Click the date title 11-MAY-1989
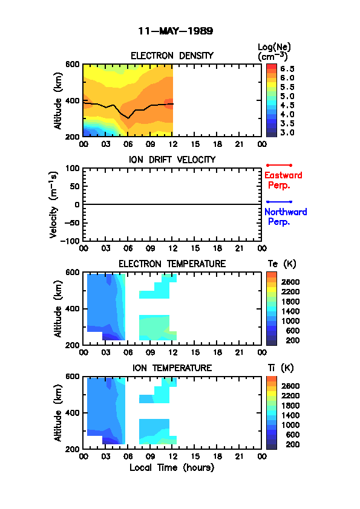point(175,31)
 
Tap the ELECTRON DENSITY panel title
point(172,56)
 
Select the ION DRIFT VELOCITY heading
point(172,160)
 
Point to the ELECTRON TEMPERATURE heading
point(172,264)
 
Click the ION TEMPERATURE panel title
point(172,368)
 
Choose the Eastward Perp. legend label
point(283,180)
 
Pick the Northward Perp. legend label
point(286,216)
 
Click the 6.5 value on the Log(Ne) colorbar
point(287,69)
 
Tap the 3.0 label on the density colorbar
point(287,132)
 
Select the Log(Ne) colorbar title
point(274,52)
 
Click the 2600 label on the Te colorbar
point(290,282)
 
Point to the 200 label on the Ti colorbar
point(293,444)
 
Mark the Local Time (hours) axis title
point(172,468)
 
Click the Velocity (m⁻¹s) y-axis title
point(54,205)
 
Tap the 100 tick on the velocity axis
point(73,168)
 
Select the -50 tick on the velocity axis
point(72,223)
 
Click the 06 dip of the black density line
point(128,118)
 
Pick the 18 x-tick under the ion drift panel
point(217,248)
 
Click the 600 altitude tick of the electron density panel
point(73,64)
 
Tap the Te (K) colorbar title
point(282,264)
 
